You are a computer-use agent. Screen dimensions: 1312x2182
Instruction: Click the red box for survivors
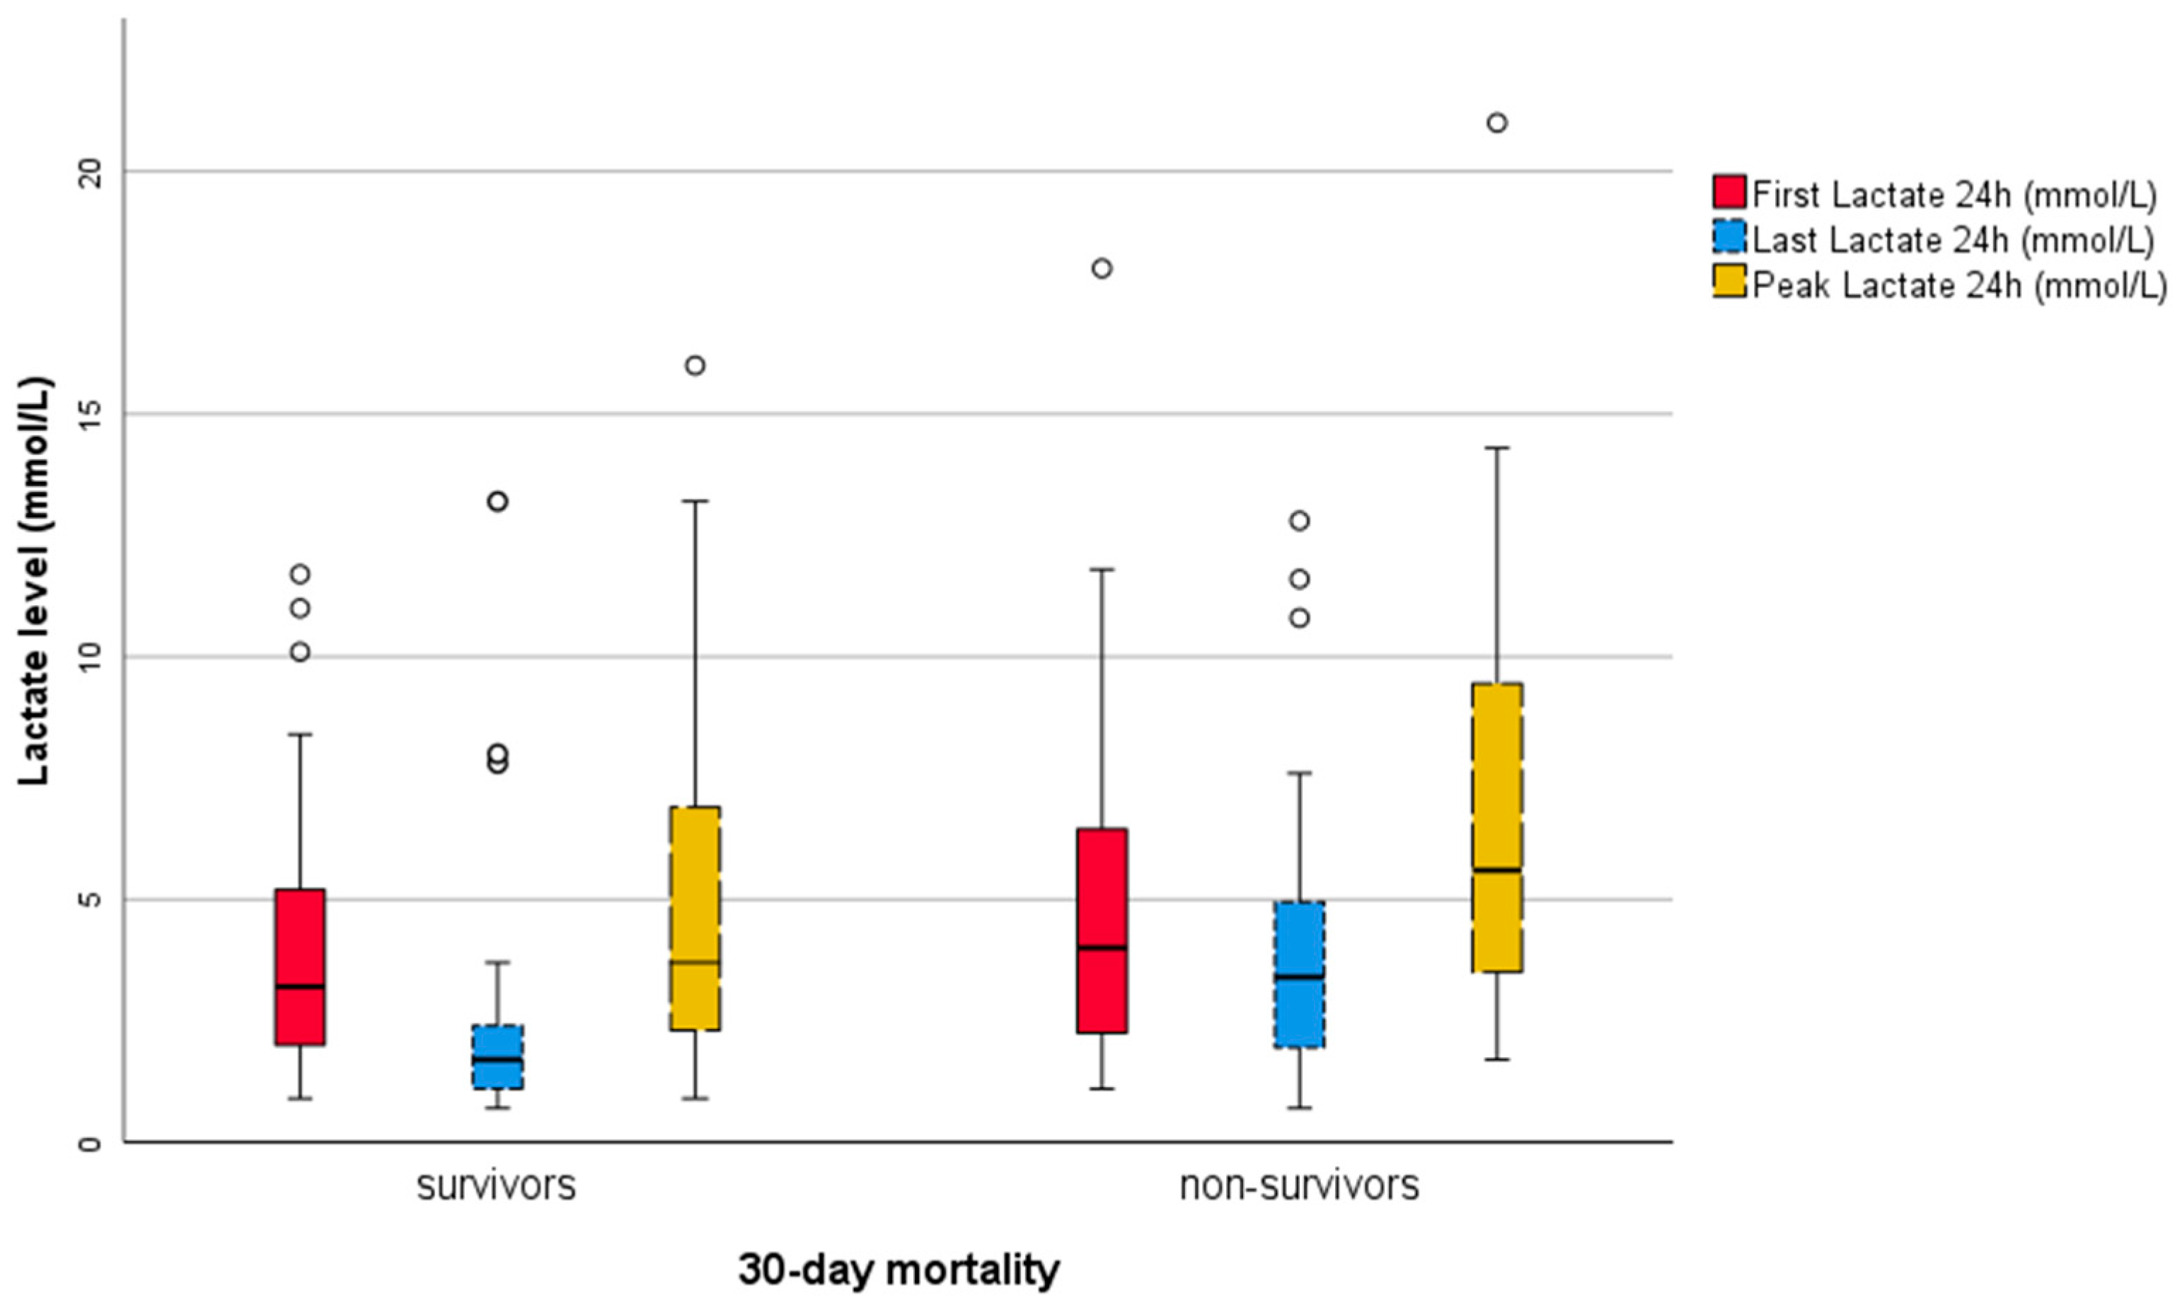point(299,967)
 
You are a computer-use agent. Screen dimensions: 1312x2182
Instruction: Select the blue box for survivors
point(497,1057)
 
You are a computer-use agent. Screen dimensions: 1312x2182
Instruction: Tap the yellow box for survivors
point(695,918)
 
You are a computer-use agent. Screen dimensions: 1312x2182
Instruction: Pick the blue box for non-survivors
point(1299,974)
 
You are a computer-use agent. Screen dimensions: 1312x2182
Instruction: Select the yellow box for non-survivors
point(1496,827)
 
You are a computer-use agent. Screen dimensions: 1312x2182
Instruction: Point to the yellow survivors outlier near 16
point(695,366)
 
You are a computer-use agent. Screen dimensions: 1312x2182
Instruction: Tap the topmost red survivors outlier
point(301,575)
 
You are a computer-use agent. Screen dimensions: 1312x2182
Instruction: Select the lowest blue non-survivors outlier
point(1299,618)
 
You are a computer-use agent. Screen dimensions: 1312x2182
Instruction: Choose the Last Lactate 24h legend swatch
point(1729,238)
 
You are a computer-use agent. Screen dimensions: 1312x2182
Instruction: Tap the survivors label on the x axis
point(497,1185)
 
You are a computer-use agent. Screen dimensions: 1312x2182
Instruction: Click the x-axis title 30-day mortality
point(898,1270)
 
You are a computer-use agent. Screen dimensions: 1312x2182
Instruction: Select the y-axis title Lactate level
point(35,581)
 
